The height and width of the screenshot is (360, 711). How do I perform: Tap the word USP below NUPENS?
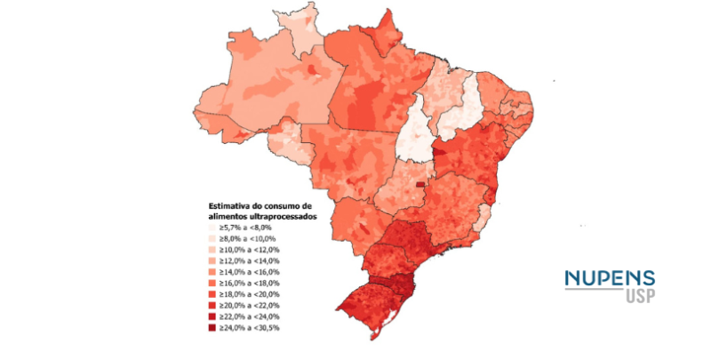pyautogui.click(x=635, y=296)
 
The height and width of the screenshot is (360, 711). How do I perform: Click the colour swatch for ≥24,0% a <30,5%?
pyautogui.click(x=214, y=327)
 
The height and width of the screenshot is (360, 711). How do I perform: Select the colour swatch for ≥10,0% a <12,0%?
pyautogui.click(x=214, y=250)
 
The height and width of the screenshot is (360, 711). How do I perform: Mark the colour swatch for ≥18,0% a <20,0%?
pyautogui.click(x=214, y=294)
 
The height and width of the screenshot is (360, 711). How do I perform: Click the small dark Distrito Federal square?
pyautogui.click(x=432, y=185)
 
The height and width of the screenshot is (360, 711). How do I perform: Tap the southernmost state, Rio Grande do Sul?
pyautogui.click(x=373, y=307)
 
